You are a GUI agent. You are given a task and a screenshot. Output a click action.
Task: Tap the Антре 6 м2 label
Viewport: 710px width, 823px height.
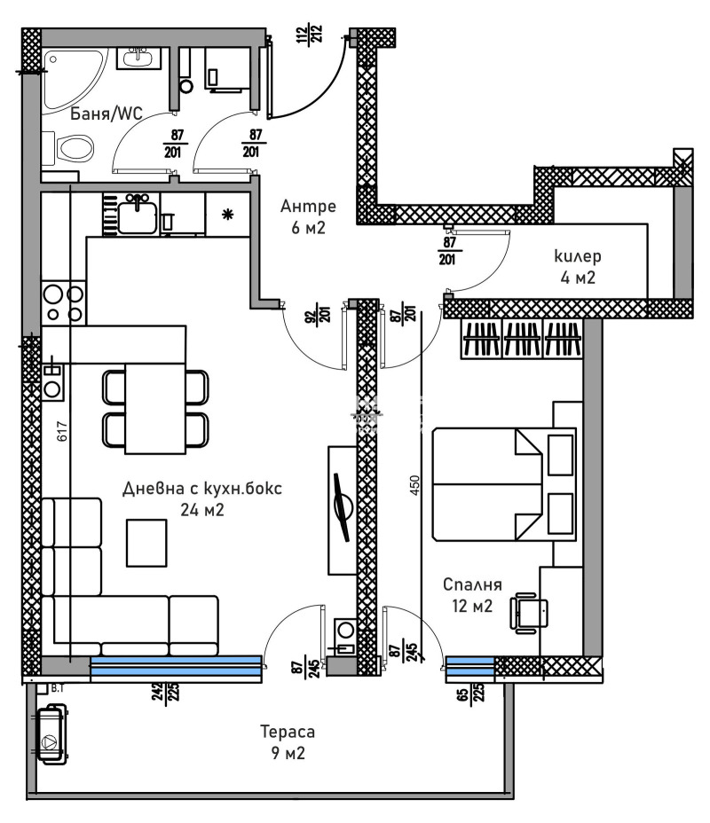coord(308,216)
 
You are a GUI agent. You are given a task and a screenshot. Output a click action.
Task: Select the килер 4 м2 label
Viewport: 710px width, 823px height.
coord(577,266)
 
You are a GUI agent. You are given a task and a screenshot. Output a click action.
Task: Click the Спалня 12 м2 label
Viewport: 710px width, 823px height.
coord(473,595)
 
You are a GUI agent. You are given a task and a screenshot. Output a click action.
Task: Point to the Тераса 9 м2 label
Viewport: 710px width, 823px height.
coord(287,743)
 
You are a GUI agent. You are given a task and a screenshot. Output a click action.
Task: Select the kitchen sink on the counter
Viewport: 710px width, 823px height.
coord(138,215)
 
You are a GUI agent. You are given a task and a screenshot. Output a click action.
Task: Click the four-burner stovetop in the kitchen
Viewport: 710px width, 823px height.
coord(64,302)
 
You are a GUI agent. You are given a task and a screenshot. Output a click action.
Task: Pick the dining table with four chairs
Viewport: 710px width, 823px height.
coord(155,407)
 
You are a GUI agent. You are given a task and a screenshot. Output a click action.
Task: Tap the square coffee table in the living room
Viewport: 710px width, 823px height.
coord(146,542)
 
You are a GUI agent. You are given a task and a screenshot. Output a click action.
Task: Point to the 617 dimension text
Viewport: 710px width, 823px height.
coord(62,432)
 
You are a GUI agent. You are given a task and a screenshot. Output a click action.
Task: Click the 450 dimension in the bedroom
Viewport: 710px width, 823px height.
coord(414,487)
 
